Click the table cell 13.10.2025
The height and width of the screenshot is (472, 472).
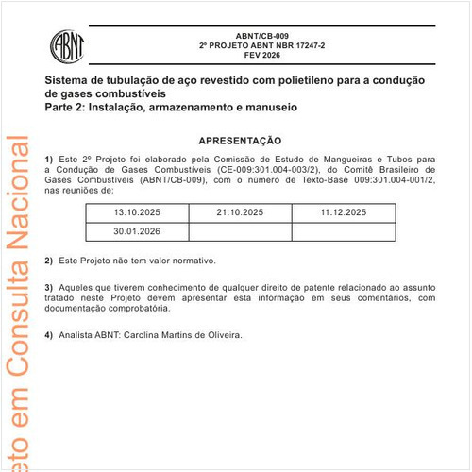click(137, 213)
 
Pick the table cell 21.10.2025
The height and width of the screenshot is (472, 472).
click(240, 213)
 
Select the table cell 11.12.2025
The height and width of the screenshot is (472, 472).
click(343, 213)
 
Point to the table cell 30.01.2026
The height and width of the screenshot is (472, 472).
click(137, 231)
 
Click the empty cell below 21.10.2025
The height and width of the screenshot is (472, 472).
click(240, 231)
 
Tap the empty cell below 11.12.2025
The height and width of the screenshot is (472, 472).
click(343, 231)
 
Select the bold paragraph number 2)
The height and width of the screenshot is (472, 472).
click(49, 260)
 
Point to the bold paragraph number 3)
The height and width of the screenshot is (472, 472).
click(49, 286)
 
